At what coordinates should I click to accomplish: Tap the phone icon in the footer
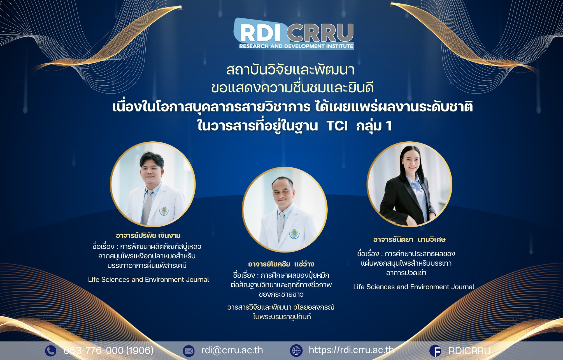coord(51,350)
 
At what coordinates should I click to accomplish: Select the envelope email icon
coord(189,351)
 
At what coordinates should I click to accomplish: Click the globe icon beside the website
coord(296,350)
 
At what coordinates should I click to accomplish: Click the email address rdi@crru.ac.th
coord(232,350)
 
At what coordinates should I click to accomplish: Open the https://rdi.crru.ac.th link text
coord(351,350)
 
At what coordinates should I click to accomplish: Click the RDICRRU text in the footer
coord(469,351)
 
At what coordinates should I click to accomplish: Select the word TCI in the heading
coord(337,126)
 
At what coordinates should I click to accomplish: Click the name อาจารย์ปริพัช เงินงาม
coord(148,235)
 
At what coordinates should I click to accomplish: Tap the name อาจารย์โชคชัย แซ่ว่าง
coord(281,264)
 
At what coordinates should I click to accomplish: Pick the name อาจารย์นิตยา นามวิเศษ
coord(409,239)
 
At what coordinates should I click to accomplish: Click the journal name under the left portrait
coord(148,279)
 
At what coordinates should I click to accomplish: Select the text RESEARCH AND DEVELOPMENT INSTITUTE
coord(296,46)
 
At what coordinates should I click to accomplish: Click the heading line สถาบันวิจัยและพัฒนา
coord(290,70)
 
